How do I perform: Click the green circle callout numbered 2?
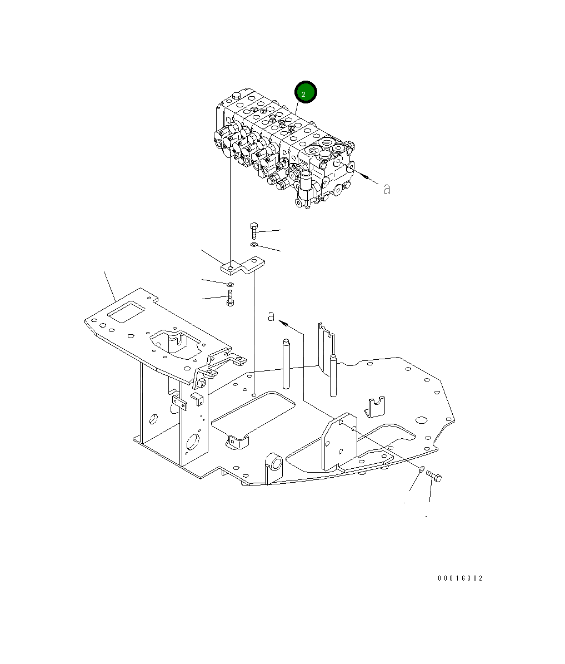306,92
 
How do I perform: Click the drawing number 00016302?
460,578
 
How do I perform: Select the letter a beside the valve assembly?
387,189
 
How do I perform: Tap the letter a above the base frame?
271,316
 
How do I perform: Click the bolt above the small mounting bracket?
254,230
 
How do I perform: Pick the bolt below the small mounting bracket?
230,298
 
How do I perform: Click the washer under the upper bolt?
253,245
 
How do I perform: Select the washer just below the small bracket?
230,284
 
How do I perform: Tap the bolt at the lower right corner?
434,476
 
